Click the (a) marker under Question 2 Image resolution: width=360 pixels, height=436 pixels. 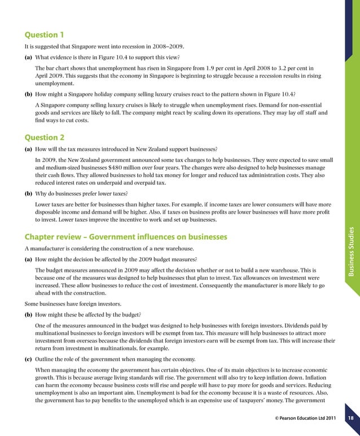[x=28, y=149]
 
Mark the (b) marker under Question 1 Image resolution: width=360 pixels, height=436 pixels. [x=28, y=93]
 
